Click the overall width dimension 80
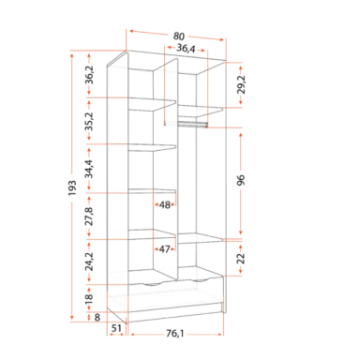(x=178, y=37)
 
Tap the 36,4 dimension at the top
(x=186, y=49)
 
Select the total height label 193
(x=72, y=187)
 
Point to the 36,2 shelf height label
(x=90, y=75)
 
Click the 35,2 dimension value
(x=90, y=121)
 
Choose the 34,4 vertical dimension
(x=90, y=169)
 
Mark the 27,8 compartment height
(x=90, y=216)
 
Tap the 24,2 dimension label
(x=90, y=262)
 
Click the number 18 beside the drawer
(x=89, y=299)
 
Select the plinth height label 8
(x=97, y=318)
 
